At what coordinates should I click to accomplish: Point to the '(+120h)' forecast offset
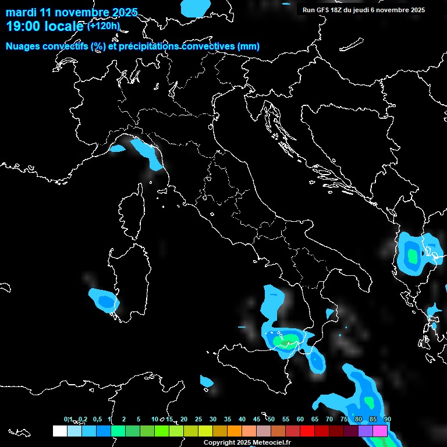click(104, 26)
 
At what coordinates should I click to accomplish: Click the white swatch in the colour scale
click(60, 431)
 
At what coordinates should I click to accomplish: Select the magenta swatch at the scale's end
click(380, 431)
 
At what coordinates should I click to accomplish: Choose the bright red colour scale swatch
click(307, 431)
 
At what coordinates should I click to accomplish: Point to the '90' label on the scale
click(388, 420)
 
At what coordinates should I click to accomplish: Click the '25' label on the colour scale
click(198, 420)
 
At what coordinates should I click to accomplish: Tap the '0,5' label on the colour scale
click(97, 420)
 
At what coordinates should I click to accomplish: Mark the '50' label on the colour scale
click(271, 420)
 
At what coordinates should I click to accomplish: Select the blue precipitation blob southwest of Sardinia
click(105, 300)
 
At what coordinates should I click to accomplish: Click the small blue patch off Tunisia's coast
click(207, 381)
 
